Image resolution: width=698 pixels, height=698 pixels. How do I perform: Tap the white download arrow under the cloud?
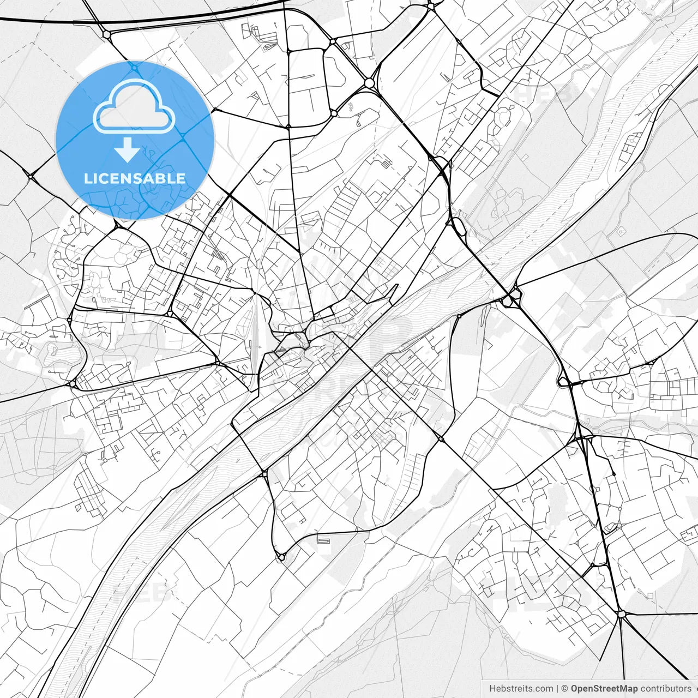[128, 149]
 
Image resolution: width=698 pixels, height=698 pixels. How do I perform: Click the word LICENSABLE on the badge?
[135, 178]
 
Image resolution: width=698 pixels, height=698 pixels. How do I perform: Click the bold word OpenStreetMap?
[604, 689]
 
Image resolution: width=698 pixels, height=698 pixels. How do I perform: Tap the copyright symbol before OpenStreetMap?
[565, 689]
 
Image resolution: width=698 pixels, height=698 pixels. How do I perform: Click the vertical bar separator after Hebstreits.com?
[557, 689]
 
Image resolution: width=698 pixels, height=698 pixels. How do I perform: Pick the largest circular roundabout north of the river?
[370, 82]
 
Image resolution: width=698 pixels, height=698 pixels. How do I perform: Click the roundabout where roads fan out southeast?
[621, 614]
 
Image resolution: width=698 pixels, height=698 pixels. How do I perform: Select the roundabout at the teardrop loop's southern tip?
[280, 557]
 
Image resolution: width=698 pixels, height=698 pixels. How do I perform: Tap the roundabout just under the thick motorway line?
[106, 34]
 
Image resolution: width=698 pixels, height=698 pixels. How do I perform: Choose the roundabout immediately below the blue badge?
[116, 225]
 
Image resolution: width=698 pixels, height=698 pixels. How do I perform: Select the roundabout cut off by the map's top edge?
[430, 5]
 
